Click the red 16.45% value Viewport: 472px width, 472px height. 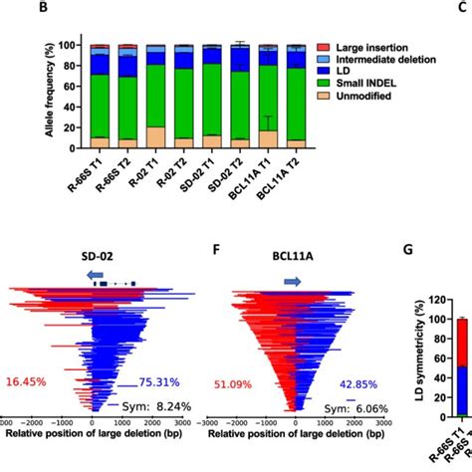(x=31, y=380)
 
